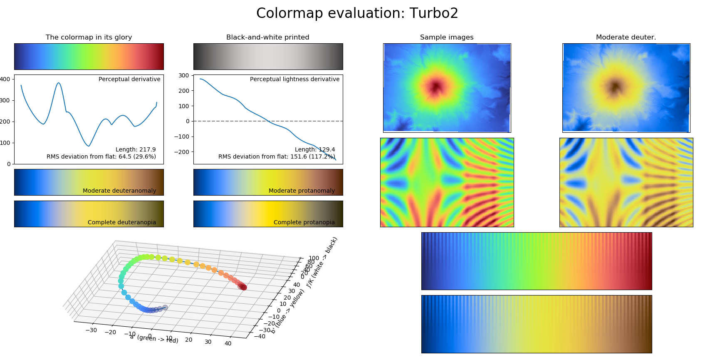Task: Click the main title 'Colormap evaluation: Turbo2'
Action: click(357, 13)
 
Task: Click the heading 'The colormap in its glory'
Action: click(89, 37)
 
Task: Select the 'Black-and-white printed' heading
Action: click(267, 37)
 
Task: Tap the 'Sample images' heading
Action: click(446, 37)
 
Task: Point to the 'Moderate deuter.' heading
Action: click(626, 37)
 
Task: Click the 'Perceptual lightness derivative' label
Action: click(294, 79)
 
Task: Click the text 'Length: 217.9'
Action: click(136, 149)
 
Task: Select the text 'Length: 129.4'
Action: click(315, 149)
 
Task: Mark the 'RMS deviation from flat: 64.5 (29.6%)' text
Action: click(101, 156)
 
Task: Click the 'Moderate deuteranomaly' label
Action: click(119, 191)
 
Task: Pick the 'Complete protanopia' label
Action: click(304, 222)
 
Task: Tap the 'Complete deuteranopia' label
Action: click(122, 222)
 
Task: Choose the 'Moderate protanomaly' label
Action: click(302, 191)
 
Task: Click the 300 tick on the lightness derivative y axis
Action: click(183, 75)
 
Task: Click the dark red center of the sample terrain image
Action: click(436, 87)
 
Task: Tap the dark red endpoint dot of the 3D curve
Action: click(244, 287)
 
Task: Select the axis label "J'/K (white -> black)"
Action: click(322, 262)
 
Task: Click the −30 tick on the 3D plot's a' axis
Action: click(91, 330)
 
